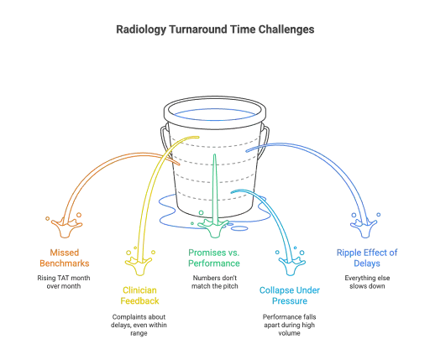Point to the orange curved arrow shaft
[101, 172]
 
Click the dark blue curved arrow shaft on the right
[332, 164]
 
